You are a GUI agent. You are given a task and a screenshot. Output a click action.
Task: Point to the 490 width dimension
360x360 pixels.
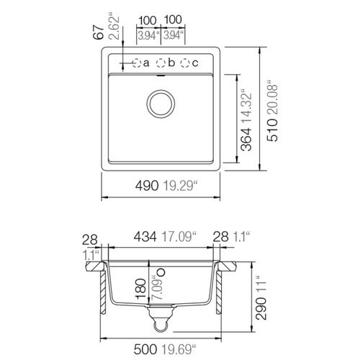click(x=147, y=186)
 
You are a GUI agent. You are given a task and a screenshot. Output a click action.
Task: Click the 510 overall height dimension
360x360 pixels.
click(x=273, y=130)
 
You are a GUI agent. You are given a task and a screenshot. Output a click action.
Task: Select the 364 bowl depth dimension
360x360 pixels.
click(x=246, y=140)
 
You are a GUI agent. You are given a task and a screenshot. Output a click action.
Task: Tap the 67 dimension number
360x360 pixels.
click(x=99, y=32)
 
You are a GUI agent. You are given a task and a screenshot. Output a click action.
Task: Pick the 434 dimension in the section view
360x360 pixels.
click(x=145, y=237)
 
